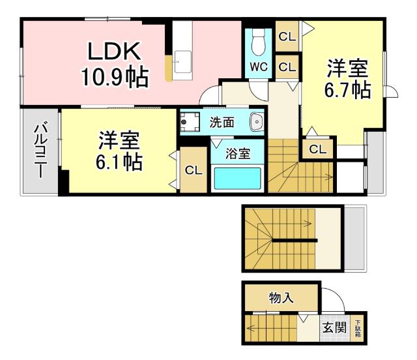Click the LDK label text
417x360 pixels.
pos(114,53)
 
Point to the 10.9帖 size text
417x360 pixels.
pos(114,78)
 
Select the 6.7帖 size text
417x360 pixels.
pos(347,89)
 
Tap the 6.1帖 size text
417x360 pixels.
pos(119,161)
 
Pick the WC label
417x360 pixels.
pos(257,67)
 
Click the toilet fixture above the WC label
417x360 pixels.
pos(258,42)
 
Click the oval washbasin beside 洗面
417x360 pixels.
pos(256,121)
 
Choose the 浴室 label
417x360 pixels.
pos(237,154)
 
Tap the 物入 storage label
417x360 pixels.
pos(281,298)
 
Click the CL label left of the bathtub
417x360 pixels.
pos(194,171)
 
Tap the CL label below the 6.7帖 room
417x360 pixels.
pos(317,149)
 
